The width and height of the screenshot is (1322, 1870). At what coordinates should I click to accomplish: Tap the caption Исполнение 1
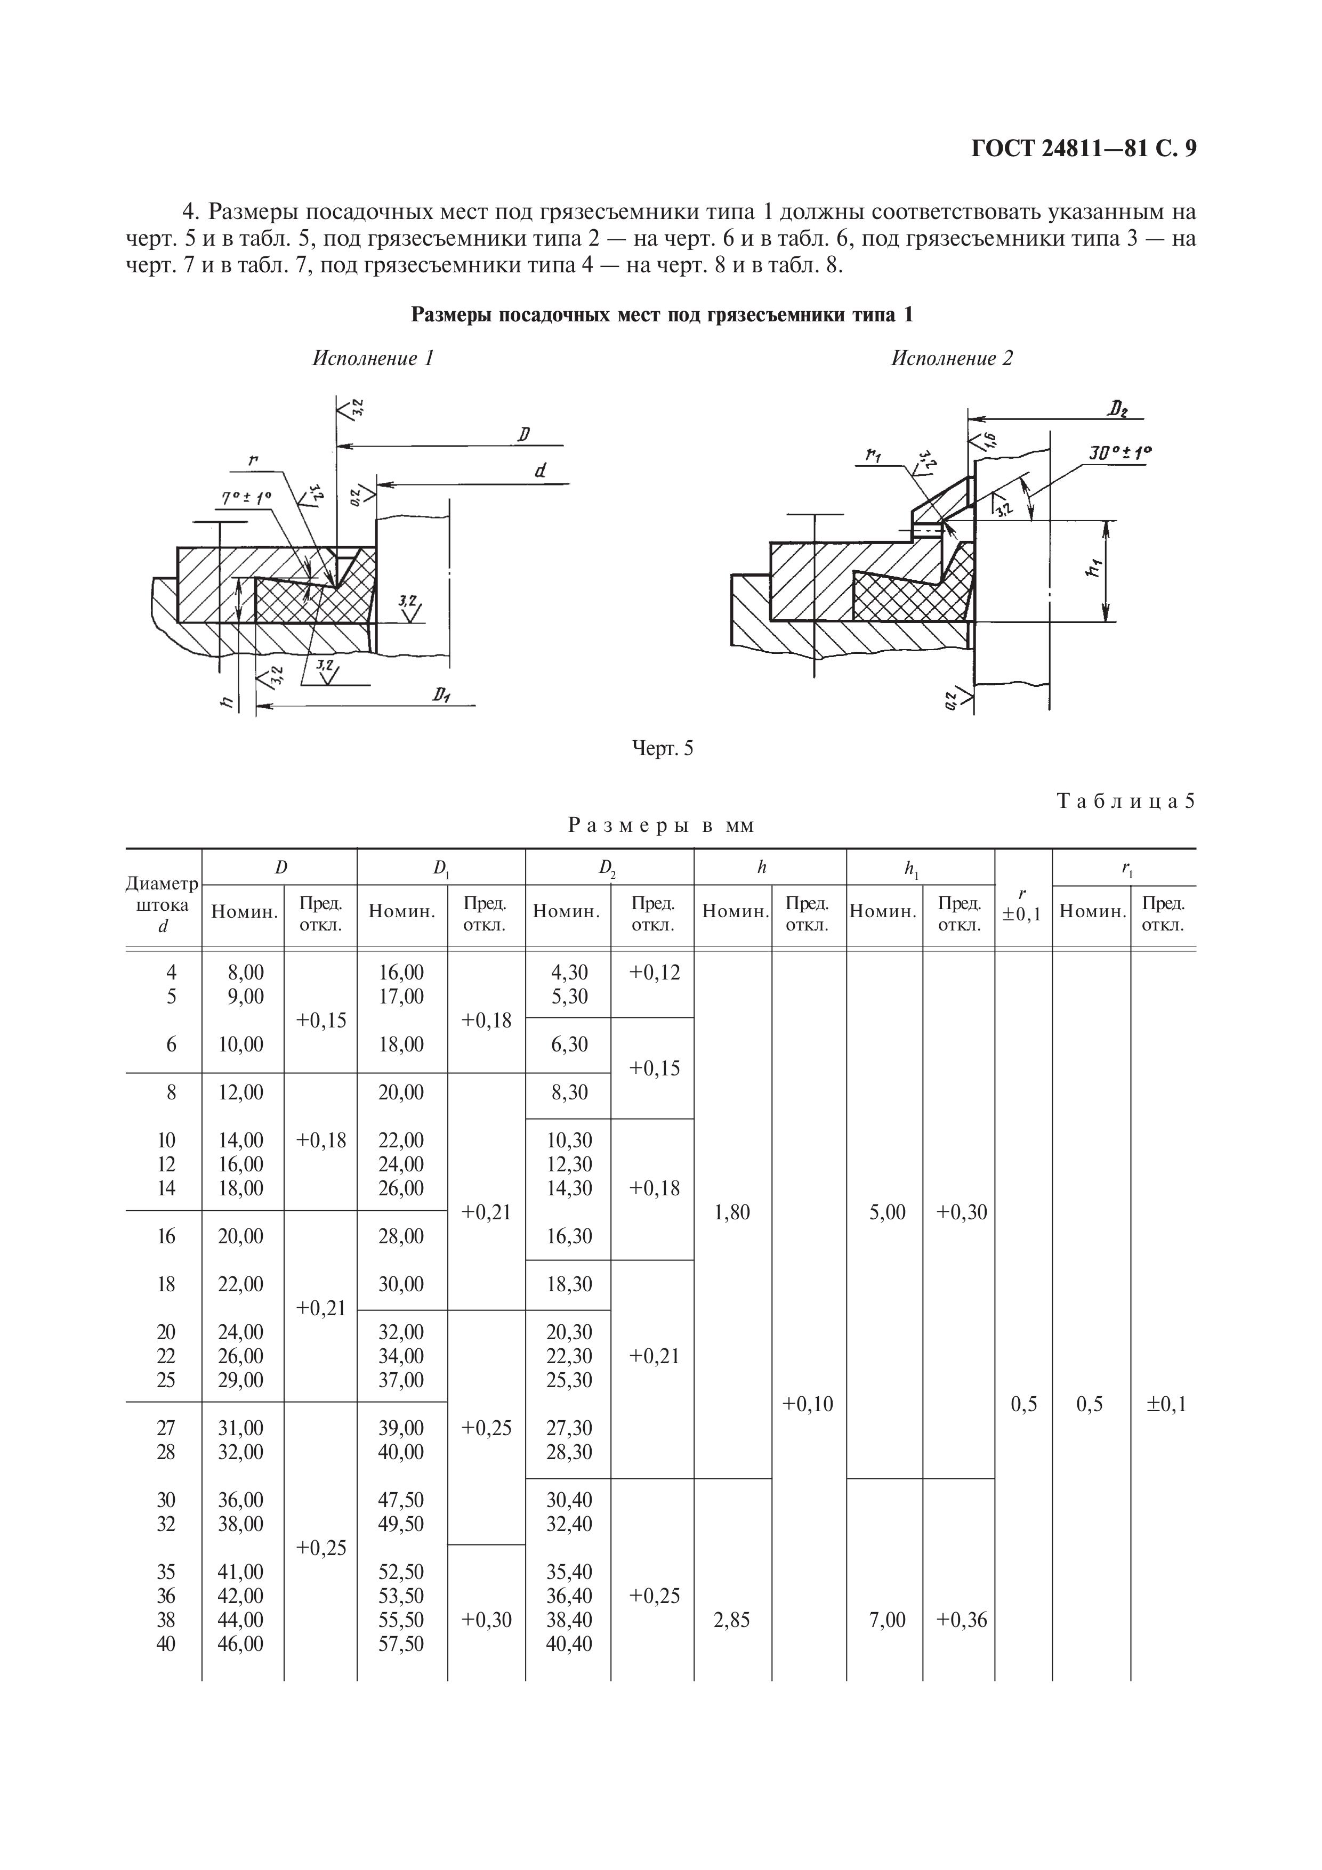point(373,358)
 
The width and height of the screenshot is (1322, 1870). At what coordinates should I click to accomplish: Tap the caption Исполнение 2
point(952,358)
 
